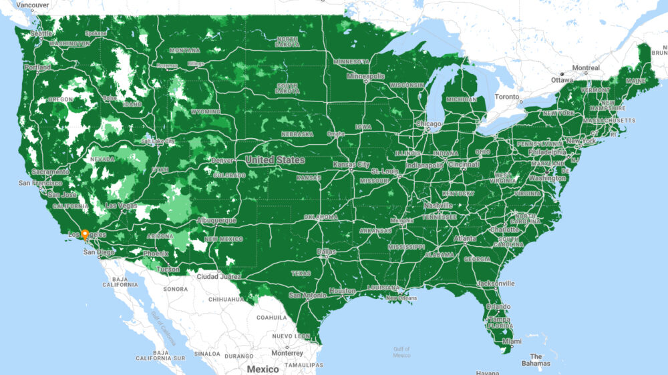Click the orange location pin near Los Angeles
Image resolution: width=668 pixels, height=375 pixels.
tap(85, 234)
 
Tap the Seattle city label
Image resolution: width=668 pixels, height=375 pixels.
tap(41, 33)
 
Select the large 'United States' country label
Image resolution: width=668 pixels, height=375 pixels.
tap(275, 160)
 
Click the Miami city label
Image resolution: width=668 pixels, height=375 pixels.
tap(512, 341)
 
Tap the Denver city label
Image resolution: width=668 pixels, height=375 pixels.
tap(222, 161)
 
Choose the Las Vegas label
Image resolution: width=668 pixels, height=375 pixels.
tap(121, 206)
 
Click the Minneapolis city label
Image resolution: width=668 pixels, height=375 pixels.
tap(365, 76)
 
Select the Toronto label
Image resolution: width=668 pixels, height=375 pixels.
tap(506, 97)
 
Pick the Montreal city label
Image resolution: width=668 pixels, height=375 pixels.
tap(586, 67)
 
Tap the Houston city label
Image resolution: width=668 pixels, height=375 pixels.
tap(342, 291)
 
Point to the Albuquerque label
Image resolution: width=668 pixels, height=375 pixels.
tap(216, 220)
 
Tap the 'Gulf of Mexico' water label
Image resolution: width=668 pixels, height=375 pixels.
tap(401, 352)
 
